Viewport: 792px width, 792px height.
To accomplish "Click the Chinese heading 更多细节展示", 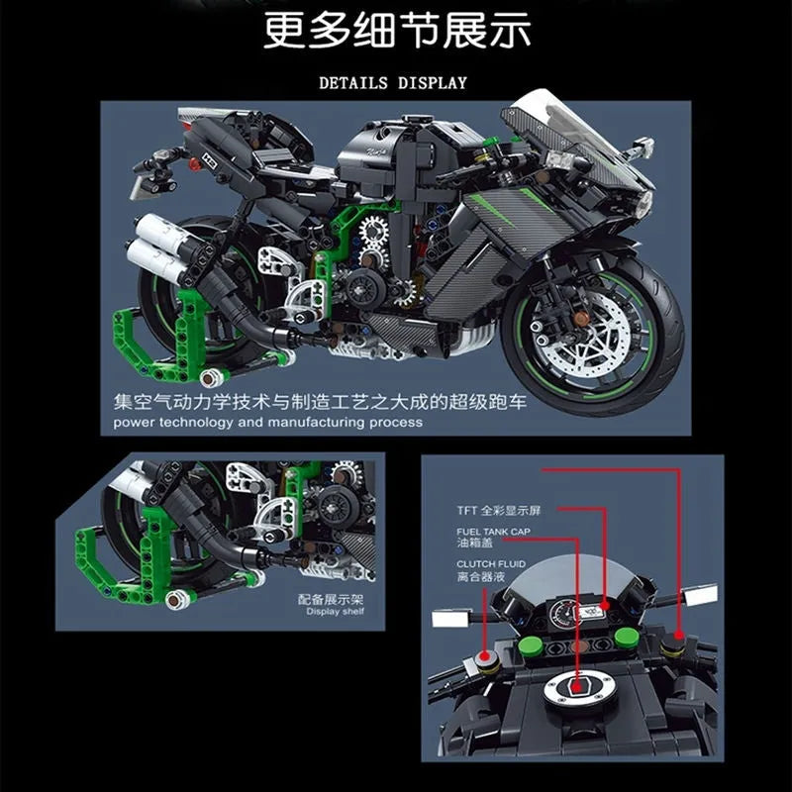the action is point(397,30).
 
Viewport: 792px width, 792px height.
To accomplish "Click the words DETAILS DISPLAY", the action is point(393,83).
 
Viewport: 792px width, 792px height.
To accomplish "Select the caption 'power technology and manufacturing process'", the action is point(267,422).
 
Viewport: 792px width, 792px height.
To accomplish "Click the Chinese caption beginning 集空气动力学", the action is point(320,402).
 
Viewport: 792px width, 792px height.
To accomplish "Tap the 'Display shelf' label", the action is point(335,612).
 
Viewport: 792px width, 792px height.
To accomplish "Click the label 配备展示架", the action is point(331,600).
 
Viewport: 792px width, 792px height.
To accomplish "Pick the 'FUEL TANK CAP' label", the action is point(493,532).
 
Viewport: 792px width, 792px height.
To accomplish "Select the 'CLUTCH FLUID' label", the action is point(491,564).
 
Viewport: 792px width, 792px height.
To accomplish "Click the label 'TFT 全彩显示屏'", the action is point(499,511).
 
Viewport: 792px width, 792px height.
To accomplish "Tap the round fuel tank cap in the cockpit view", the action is point(579,690).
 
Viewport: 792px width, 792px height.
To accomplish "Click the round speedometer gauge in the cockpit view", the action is point(562,614).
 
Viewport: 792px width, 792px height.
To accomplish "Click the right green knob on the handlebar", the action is point(627,638).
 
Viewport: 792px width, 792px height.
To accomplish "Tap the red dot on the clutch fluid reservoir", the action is point(484,656).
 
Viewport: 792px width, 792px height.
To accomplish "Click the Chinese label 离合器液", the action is point(481,577).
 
